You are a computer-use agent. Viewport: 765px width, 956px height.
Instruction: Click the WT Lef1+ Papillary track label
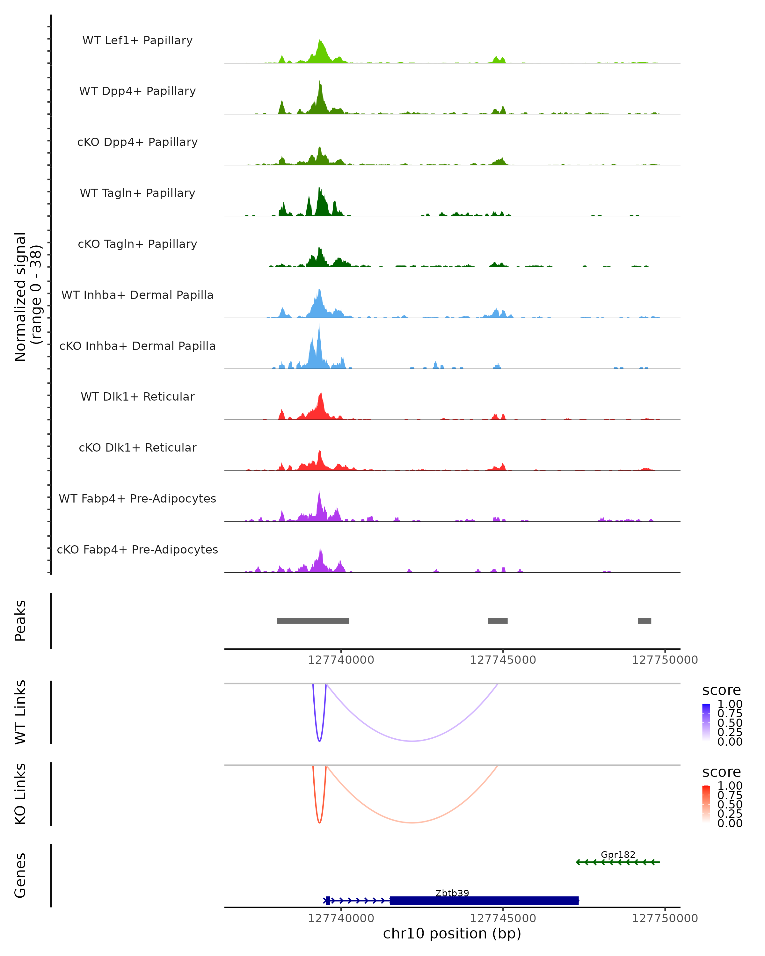pyautogui.click(x=137, y=40)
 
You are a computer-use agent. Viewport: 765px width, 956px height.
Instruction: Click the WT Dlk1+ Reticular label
pyautogui.click(x=137, y=396)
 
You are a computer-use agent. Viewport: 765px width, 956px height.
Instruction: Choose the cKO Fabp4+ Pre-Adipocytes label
pyautogui.click(x=137, y=549)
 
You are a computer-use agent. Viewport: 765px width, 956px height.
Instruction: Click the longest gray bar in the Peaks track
pyautogui.click(x=313, y=621)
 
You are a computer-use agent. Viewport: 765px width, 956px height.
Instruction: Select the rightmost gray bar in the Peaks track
pyautogui.click(x=645, y=621)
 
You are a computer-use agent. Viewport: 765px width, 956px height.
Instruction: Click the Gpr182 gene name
pyautogui.click(x=618, y=854)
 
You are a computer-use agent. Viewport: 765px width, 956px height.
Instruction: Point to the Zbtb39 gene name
pyautogui.click(x=452, y=893)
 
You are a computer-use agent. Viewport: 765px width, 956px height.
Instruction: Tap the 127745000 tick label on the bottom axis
pyautogui.click(x=503, y=918)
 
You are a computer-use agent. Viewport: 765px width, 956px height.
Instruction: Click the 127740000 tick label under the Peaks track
pyautogui.click(x=341, y=660)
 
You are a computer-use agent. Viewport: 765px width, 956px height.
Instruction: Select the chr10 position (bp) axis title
pyautogui.click(x=452, y=934)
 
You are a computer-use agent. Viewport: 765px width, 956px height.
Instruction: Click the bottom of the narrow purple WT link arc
pyautogui.click(x=319, y=741)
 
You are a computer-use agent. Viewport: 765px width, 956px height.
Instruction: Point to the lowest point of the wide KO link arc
pyautogui.click(x=412, y=822)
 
